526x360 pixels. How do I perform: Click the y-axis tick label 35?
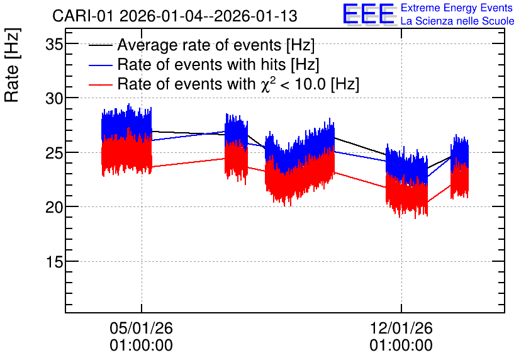click(x=54, y=44)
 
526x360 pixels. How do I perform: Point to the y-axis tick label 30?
click(x=54, y=98)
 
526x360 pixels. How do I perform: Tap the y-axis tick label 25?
click(x=54, y=153)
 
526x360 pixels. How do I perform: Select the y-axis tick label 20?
click(x=54, y=207)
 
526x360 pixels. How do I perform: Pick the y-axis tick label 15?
click(x=54, y=262)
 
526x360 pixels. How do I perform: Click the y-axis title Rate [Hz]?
click(x=12, y=65)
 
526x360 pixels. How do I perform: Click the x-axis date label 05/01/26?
click(x=141, y=328)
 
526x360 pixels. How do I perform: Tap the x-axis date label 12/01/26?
click(x=401, y=328)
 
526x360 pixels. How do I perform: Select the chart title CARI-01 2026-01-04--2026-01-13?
click(x=175, y=16)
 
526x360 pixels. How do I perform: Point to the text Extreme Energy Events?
click(x=457, y=8)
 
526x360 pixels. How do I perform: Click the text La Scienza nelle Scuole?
click(x=457, y=21)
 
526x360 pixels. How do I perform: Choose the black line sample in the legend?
click(x=100, y=45)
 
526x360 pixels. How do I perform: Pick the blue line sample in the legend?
click(x=100, y=65)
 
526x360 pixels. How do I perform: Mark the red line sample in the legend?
click(x=100, y=84)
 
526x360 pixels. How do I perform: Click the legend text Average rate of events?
click(x=199, y=45)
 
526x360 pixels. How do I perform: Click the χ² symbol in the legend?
click(x=269, y=83)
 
